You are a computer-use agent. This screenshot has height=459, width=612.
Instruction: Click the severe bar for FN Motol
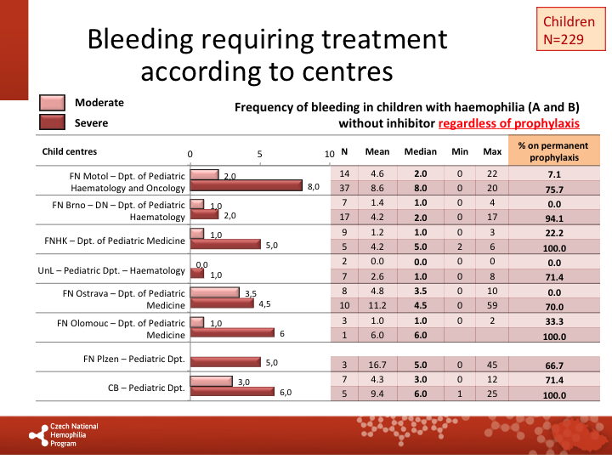pyautogui.click(x=246, y=186)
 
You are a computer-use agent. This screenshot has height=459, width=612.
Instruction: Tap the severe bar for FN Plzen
pyautogui.click(x=225, y=362)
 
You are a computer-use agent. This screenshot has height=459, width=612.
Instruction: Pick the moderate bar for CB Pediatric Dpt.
pyautogui.click(x=212, y=381)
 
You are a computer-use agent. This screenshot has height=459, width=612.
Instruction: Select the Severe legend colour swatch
pyautogui.click(x=52, y=122)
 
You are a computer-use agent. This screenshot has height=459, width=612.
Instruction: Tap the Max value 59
pyautogui.click(x=492, y=304)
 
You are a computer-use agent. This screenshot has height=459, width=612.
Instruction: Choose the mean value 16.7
pyautogui.click(x=377, y=364)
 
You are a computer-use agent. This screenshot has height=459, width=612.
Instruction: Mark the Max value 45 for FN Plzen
pyautogui.click(x=492, y=364)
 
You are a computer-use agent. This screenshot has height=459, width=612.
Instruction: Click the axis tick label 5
pyautogui.click(x=260, y=155)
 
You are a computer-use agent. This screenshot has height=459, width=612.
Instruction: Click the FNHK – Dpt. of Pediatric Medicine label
pyautogui.click(x=114, y=241)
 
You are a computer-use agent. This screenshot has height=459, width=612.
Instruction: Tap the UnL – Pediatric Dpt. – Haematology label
pyautogui.click(x=111, y=270)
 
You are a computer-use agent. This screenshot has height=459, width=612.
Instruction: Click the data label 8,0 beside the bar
pyautogui.click(x=313, y=187)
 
